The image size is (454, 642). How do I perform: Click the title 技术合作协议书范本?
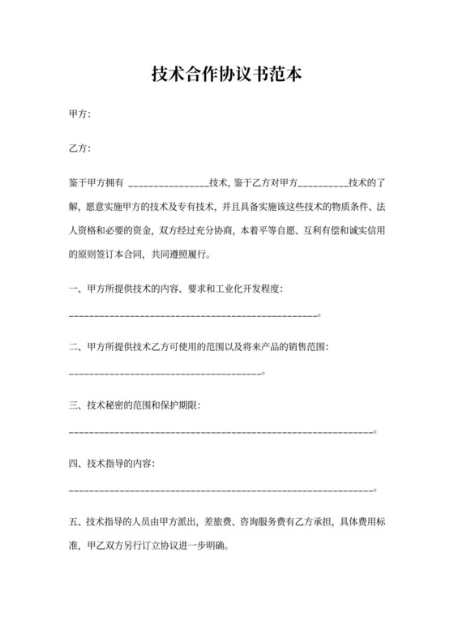[x=227, y=75]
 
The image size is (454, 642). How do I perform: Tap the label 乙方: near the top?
[x=80, y=149]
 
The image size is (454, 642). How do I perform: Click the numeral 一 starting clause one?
[x=75, y=289]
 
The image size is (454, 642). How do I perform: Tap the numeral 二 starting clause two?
[x=75, y=346]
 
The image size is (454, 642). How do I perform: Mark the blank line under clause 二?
[x=166, y=373]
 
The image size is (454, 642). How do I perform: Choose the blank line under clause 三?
[x=222, y=431]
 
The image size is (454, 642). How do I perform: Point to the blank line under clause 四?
[x=222, y=490]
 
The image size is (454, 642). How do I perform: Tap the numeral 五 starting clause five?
[x=75, y=522]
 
